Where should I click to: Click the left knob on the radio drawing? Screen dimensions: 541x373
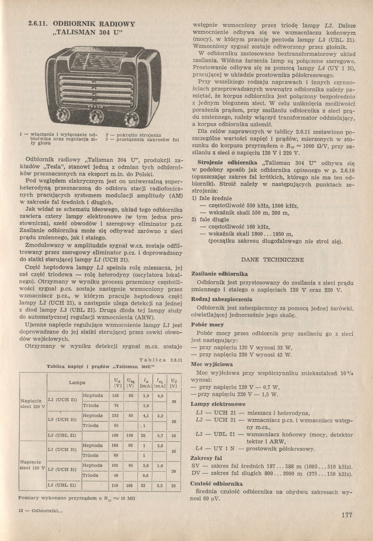coord(61,113)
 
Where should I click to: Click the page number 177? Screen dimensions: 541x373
coord(347,515)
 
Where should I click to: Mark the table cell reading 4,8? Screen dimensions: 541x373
coord(160,396)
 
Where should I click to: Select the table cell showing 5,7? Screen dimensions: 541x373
coord(160,435)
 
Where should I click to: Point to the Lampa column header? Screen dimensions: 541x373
coord(77,382)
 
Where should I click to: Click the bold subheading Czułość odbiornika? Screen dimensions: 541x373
coord(216,484)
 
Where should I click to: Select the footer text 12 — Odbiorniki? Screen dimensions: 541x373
coord(40,511)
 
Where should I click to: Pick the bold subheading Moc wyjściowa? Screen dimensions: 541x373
coord(212,364)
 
